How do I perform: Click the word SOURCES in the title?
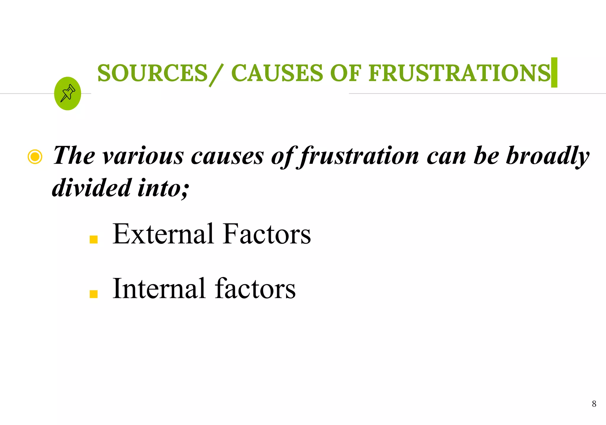[152, 73]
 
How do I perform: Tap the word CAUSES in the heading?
[277, 73]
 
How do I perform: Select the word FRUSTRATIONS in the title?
[459, 73]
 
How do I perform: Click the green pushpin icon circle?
[67, 94]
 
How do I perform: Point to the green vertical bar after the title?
[554, 73]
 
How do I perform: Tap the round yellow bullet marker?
[35, 157]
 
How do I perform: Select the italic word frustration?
[359, 156]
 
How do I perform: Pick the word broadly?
[547, 156]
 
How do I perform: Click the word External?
[163, 234]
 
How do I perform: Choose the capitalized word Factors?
[267, 234]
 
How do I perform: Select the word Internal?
[159, 288]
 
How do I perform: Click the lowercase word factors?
[255, 288]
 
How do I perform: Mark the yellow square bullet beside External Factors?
[94, 239]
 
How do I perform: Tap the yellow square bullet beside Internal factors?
[94, 294]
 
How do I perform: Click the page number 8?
[594, 404]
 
